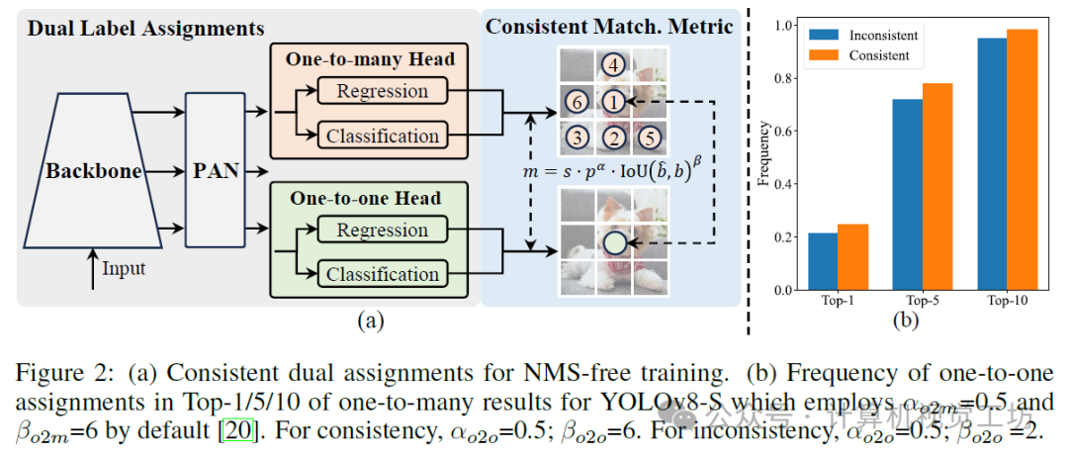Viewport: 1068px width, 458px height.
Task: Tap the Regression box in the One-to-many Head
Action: [382, 92]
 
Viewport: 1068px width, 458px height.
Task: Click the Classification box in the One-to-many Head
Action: [382, 136]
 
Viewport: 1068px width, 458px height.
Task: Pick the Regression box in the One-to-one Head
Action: [382, 230]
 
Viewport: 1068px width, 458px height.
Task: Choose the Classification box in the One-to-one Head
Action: [382, 274]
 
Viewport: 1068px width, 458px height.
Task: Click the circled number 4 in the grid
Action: [614, 67]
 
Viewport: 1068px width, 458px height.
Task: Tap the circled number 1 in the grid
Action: [614, 102]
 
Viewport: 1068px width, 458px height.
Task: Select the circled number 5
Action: [649, 137]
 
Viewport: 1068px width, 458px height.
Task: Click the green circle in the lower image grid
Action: [615, 240]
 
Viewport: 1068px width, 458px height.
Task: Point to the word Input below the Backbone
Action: [123, 269]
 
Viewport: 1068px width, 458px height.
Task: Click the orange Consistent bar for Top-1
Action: [852, 257]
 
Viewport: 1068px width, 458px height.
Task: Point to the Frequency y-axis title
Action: [762, 156]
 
